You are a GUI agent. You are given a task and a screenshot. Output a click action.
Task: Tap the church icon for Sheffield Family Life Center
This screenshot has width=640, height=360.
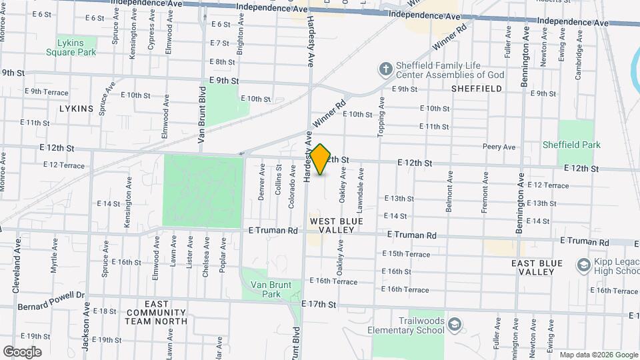(385, 68)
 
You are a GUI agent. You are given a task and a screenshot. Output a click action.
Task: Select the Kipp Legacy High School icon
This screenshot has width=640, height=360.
(584, 265)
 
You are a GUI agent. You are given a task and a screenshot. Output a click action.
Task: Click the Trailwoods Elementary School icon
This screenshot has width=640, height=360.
(455, 325)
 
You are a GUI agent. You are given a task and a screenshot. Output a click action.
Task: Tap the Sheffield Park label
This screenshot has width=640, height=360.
(571, 145)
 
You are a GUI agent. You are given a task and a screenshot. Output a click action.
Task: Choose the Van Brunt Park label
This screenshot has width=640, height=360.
(271, 289)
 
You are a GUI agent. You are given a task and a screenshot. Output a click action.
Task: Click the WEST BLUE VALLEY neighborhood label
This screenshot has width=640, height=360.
(337, 225)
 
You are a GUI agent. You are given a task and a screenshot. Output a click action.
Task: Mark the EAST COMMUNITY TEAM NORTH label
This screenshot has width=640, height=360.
(156, 317)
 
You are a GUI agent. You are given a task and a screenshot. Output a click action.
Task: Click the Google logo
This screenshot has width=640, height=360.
(22, 352)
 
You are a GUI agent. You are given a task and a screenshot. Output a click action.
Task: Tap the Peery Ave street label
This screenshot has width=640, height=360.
(499, 147)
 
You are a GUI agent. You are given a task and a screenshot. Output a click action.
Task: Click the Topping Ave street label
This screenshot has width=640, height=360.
(382, 117)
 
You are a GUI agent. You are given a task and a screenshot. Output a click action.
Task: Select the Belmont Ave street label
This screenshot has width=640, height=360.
(450, 191)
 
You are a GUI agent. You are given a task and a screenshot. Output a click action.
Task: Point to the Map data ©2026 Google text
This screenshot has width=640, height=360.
(599, 355)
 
